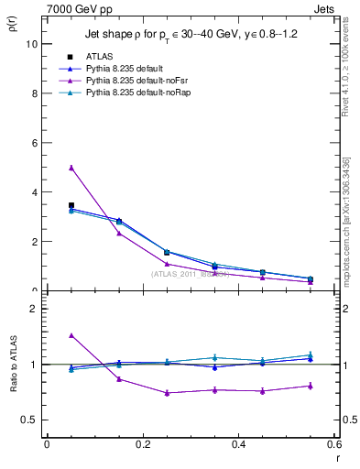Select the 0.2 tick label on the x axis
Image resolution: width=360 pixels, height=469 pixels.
[x=142, y=444]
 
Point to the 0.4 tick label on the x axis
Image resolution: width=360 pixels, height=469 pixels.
[x=238, y=444]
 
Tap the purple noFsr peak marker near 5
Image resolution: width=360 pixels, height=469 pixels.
[x=71, y=168]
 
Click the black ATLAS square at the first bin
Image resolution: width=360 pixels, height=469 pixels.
[x=71, y=205]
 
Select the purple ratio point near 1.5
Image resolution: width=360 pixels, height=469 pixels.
[x=71, y=336]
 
